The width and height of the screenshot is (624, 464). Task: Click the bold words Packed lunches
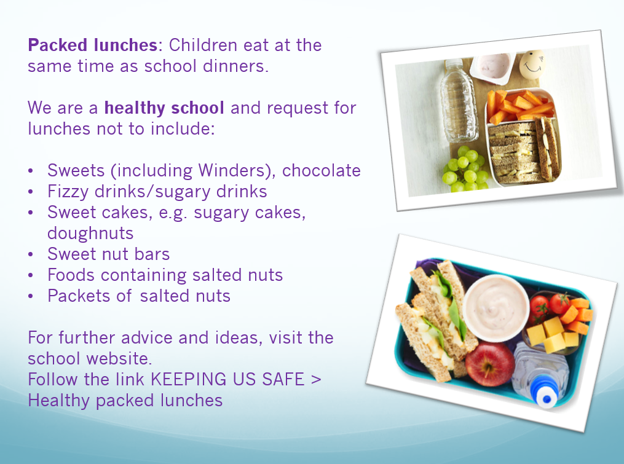[93, 45]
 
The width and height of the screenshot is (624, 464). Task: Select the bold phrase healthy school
[164, 108]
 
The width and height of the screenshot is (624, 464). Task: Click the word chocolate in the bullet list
[322, 170]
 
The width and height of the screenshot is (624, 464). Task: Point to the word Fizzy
[68, 191]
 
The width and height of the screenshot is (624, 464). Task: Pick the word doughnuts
[90, 233]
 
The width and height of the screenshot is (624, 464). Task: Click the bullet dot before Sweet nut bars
[31, 254]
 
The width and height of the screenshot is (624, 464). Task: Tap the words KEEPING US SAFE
[227, 379]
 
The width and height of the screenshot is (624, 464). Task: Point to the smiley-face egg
[532, 65]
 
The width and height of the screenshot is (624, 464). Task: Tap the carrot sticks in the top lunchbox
[520, 106]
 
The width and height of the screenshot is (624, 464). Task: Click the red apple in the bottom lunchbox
[489, 363]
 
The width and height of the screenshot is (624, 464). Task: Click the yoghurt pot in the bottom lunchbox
[496, 308]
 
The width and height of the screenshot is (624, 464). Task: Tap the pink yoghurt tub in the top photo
[493, 67]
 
